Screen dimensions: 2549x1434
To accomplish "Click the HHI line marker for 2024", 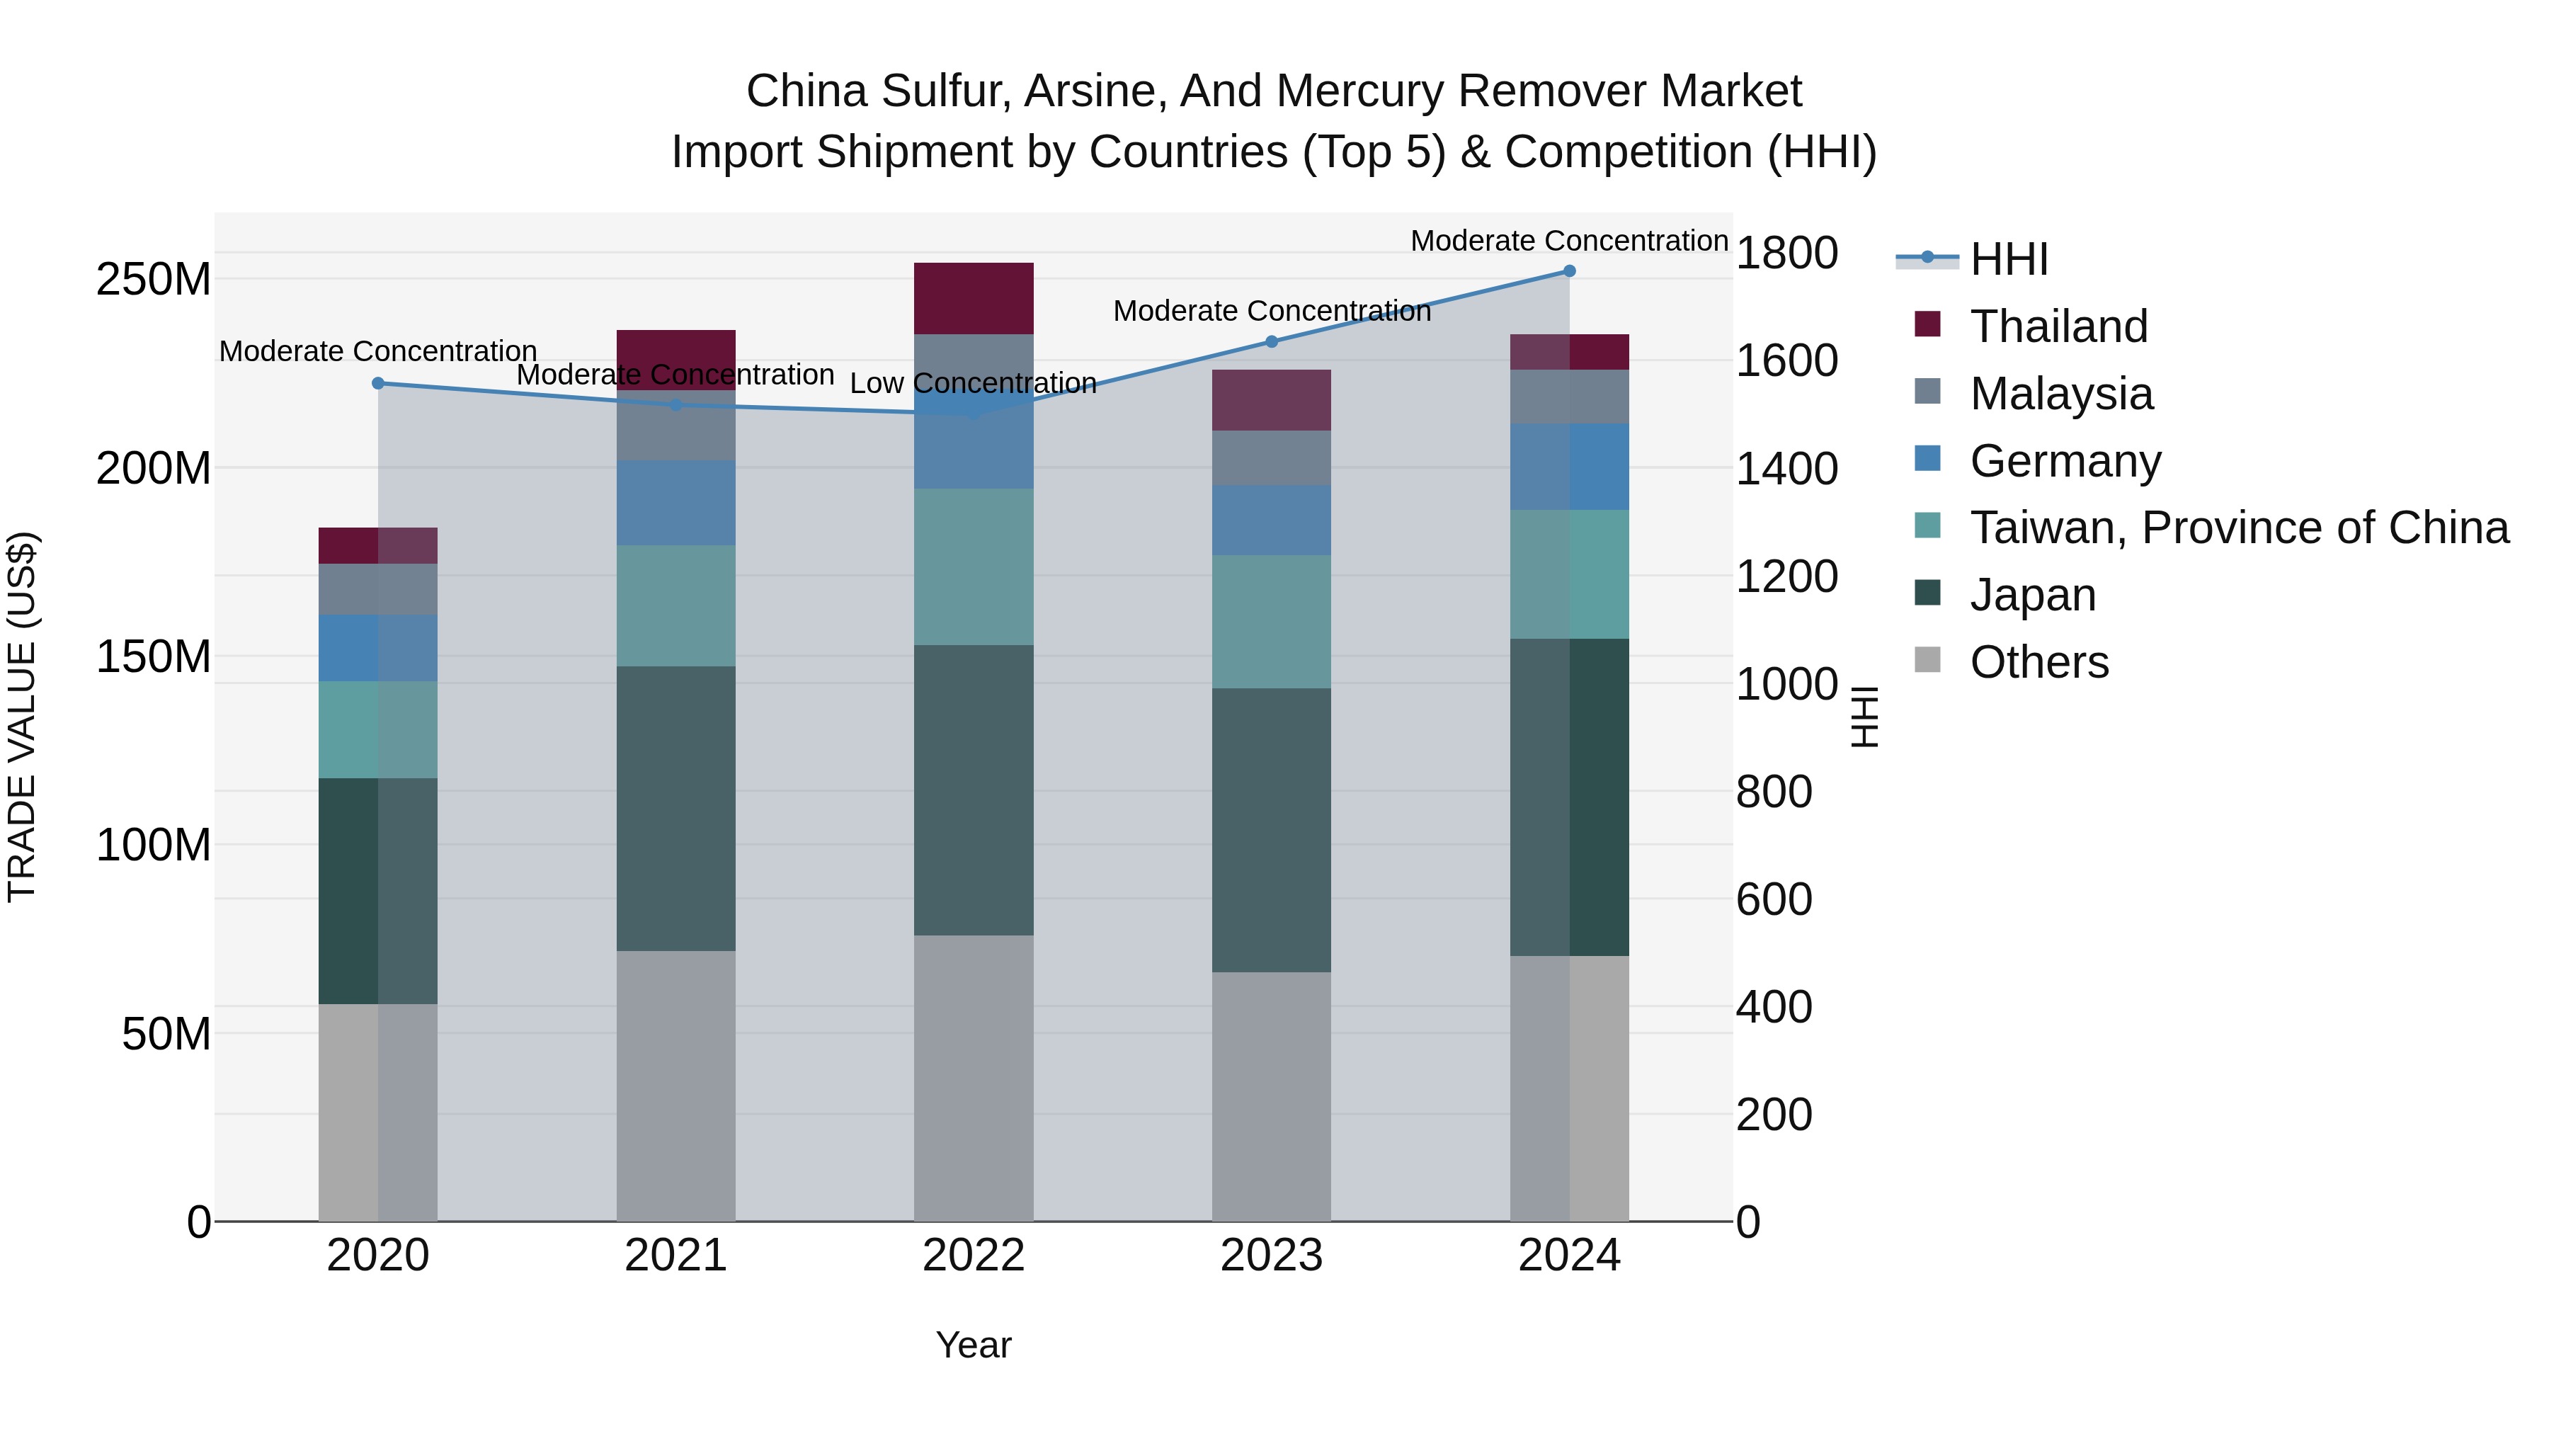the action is pyautogui.click(x=1569, y=271).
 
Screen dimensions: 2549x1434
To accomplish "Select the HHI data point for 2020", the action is pyautogui.click(x=378, y=383).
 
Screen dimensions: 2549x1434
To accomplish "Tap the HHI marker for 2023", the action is pyautogui.click(x=1272, y=341).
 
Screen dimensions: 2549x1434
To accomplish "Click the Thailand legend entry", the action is pyautogui.click(x=2059, y=326).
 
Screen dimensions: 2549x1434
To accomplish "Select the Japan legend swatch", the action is pyautogui.click(x=1927, y=593).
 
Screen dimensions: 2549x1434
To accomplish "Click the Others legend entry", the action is pyautogui.click(x=2039, y=661).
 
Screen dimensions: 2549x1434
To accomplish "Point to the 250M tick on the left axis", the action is pyautogui.click(x=154, y=279).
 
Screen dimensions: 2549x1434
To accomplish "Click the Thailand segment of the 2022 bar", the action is pyautogui.click(x=974, y=299).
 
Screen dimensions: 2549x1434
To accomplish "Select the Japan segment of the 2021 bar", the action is pyautogui.click(x=676, y=809).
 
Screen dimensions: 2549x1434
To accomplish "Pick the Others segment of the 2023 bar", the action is pyautogui.click(x=1272, y=1096).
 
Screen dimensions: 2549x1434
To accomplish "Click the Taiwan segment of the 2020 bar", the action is pyautogui.click(x=378, y=729).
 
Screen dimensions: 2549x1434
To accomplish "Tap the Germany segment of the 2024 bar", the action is pyautogui.click(x=1569, y=467).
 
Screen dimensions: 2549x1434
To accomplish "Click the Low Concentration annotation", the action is pyautogui.click(x=974, y=383).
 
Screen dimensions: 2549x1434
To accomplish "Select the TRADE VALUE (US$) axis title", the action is pyautogui.click(x=22, y=717).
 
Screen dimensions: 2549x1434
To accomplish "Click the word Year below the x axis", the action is pyautogui.click(x=974, y=1345).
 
